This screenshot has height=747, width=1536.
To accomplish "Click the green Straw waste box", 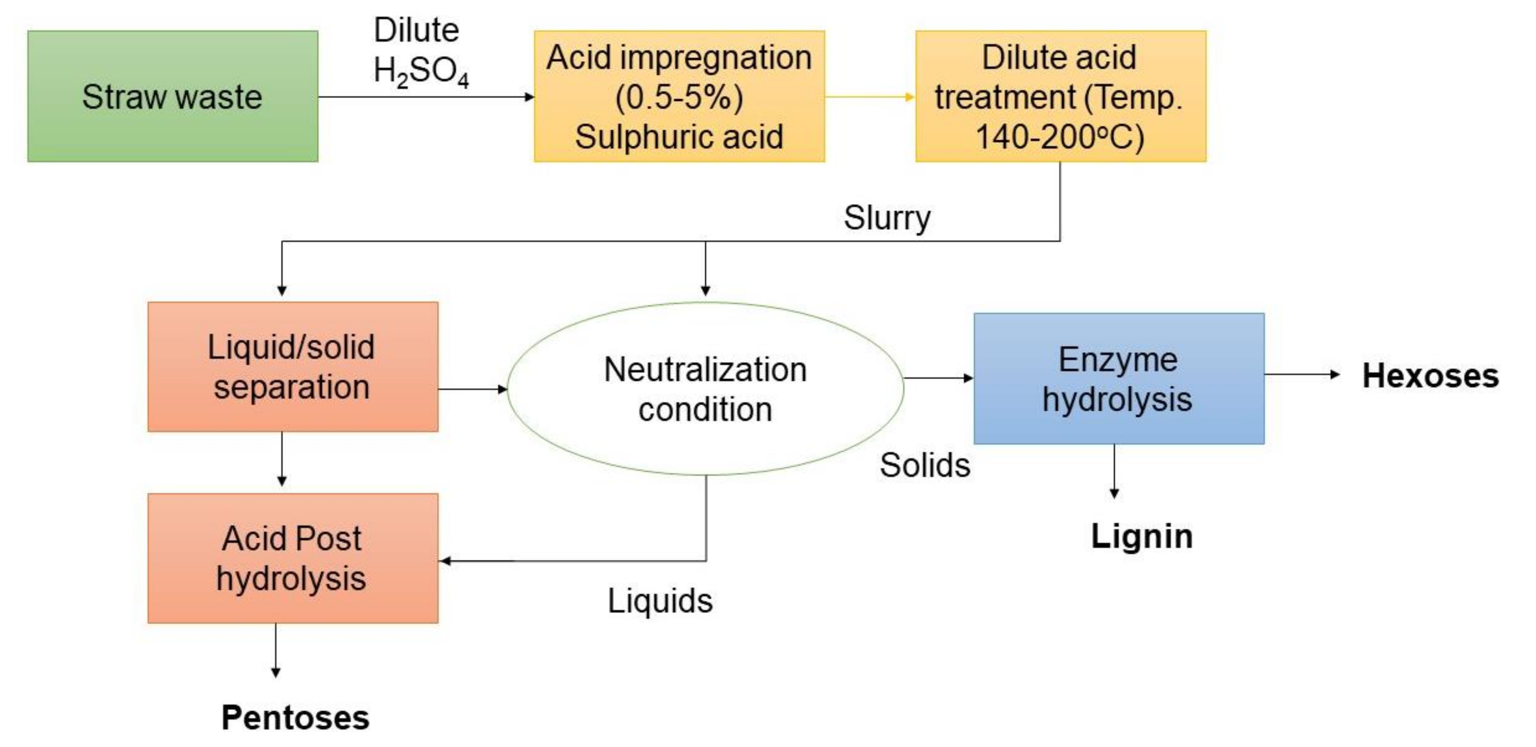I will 172,96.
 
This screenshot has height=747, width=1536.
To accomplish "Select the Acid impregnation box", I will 679,96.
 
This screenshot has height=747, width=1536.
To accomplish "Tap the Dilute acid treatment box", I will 1060,96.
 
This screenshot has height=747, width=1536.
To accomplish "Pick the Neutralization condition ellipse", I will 705,388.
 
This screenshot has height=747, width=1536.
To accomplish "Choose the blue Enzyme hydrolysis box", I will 1119,378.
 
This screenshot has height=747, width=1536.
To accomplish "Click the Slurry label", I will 887,218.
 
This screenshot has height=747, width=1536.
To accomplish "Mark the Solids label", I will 925,465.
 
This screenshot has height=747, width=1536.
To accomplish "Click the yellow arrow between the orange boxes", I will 869,96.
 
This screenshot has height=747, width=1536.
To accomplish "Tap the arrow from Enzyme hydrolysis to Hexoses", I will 1302,374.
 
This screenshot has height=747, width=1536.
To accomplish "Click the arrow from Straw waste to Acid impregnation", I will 426,96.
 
